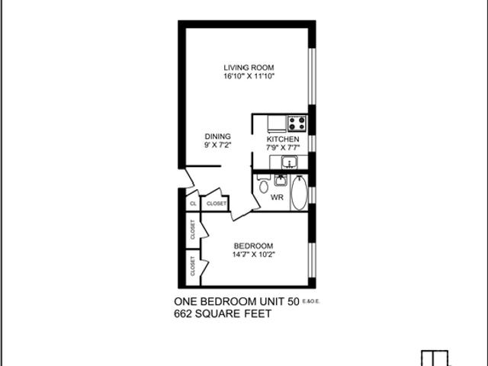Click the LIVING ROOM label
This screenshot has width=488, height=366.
point(249,66)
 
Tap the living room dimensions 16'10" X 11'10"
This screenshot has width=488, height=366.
point(249,76)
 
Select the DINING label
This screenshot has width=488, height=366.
point(217,136)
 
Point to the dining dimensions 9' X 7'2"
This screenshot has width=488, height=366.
point(217,146)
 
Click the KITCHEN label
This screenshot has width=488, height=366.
point(283,140)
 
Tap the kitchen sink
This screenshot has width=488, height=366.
point(289,162)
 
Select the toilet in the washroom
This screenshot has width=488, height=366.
point(263,185)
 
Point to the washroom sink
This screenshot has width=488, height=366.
point(281,180)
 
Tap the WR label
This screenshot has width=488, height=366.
point(278,197)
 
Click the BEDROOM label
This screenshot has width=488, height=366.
point(253,246)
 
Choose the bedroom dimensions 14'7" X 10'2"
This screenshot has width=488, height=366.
point(253,255)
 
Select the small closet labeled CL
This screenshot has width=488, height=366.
point(193,204)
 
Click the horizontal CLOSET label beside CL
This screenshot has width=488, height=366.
point(217,204)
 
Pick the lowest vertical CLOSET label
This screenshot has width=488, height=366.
point(193,265)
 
